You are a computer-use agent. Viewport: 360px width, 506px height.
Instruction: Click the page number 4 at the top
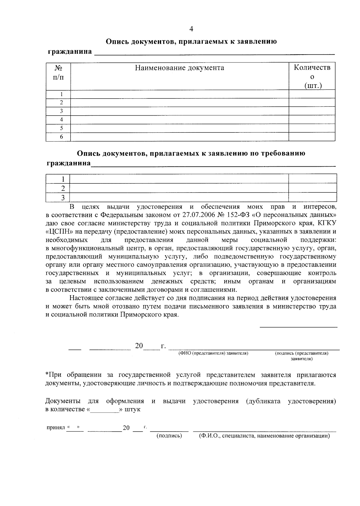pyautogui.click(x=191, y=29)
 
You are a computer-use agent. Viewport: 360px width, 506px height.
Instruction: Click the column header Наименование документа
pyautogui.click(x=179, y=68)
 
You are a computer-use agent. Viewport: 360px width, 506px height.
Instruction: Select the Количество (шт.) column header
pyautogui.click(x=312, y=77)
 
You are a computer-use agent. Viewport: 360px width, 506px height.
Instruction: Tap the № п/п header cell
pyautogui.click(x=58, y=72)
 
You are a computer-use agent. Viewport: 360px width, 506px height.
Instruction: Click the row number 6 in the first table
pyautogui.click(x=61, y=137)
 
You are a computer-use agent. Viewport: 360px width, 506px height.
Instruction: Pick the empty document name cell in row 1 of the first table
pyautogui.click(x=179, y=94)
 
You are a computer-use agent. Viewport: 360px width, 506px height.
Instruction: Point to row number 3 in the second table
pyautogui.click(x=63, y=198)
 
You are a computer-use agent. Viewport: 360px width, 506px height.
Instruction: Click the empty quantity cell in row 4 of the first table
pyautogui.click(x=312, y=120)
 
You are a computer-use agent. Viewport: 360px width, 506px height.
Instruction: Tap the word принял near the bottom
pyautogui.click(x=55, y=427)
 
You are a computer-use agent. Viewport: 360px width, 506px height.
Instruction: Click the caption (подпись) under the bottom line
pyautogui.click(x=169, y=436)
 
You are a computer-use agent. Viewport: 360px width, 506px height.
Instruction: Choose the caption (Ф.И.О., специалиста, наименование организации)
pyautogui.click(x=264, y=436)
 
